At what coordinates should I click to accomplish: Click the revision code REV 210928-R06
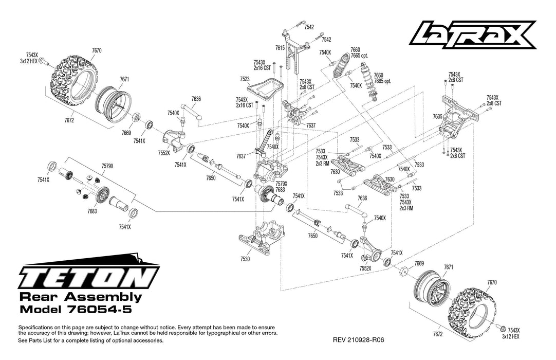coord(359,340)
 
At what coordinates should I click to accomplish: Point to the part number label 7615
coord(280,47)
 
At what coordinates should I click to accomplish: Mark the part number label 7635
coord(437,117)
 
